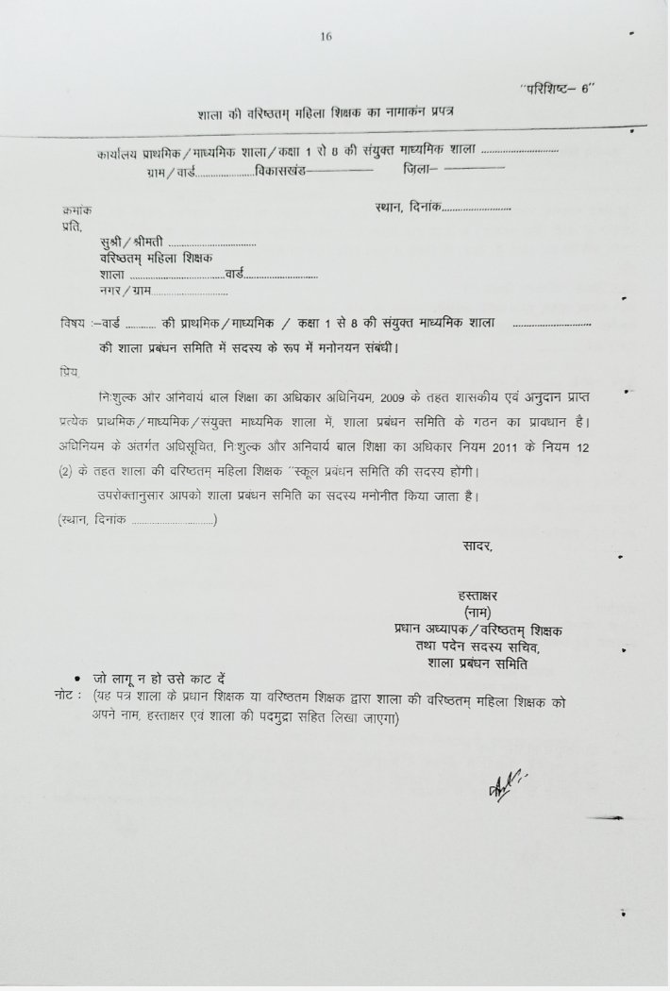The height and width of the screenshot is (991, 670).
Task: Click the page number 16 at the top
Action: [327, 37]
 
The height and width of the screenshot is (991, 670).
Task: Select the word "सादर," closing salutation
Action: [477, 546]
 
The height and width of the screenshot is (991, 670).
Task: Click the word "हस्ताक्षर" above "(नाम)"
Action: [475, 595]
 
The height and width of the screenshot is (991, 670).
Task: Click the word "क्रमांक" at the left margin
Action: [75, 210]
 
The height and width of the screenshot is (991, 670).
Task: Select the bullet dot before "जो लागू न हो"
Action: [76, 680]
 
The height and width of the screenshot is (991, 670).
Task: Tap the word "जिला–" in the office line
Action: [419, 170]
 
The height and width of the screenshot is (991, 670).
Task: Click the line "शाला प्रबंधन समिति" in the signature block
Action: [477, 663]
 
